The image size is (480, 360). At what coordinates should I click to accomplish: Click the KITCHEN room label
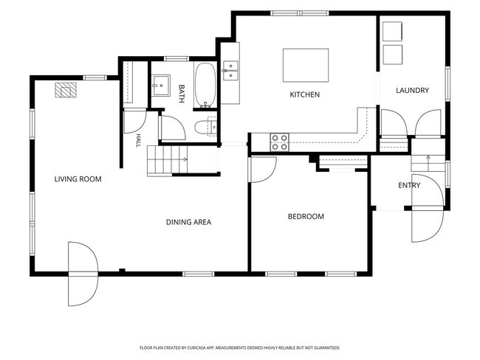pos(304,94)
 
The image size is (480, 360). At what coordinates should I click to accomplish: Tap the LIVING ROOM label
pos(78,179)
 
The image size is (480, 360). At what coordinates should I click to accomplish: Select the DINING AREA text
pos(188,222)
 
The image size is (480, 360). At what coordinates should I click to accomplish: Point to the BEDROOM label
pos(306,217)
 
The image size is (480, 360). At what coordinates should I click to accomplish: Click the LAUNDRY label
pos(412,90)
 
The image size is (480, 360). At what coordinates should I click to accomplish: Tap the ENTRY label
pos(409,185)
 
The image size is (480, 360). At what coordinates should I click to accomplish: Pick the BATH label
pos(181,94)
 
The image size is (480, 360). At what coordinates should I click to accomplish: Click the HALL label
pos(138,140)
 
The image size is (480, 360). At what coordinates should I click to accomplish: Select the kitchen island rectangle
pos(306,65)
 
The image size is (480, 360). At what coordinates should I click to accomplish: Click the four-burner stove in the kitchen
pos(279,142)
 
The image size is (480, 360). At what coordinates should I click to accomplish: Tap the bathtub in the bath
pos(205,86)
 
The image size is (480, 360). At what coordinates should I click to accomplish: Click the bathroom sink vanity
pos(161,86)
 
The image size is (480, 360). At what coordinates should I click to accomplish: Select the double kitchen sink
pos(230,71)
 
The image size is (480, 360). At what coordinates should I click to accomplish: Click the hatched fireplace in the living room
pos(66,90)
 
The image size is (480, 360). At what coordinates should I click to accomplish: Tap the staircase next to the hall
pos(167,161)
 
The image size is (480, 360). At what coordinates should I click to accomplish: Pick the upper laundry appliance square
pos(392,31)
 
